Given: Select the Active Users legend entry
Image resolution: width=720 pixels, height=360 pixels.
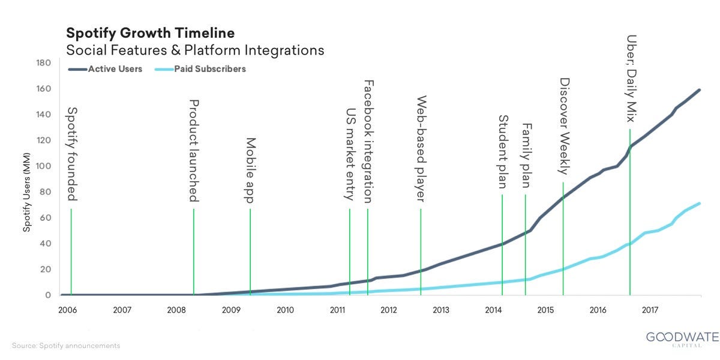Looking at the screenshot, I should (x=115, y=69).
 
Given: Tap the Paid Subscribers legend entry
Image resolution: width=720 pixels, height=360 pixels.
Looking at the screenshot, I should (x=210, y=69).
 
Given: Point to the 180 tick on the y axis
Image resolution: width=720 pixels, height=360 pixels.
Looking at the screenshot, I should (x=44, y=63).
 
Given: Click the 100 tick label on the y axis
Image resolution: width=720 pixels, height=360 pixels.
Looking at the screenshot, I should (x=44, y=166).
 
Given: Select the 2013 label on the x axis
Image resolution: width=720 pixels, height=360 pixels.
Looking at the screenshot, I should (x=440, y=310).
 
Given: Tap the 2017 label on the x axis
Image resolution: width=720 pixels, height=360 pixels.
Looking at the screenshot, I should (x=650, y=310).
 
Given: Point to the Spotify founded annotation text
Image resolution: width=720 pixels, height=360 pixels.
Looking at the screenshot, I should (x=72, y=154).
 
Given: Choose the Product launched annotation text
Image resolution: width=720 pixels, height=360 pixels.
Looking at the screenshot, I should (x=194, y=150).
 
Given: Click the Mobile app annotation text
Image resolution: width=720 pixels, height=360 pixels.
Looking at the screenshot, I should (x=251, y=170).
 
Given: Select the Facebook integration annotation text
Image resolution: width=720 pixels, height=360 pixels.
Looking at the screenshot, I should (x=369, y=141).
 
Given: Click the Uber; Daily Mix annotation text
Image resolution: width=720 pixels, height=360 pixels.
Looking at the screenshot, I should (x=631, y=76).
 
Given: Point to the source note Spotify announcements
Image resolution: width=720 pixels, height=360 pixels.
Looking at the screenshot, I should (x=66, y=346).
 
